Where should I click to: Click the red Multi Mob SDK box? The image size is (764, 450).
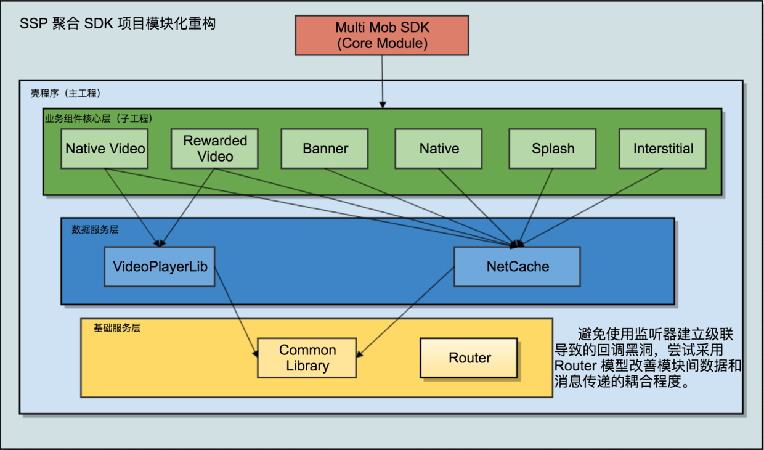[x=382, y=36]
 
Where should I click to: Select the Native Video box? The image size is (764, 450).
[x=105, y=149]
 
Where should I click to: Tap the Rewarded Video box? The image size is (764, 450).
[x=215, y=149]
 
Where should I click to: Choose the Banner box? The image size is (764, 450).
[x=325, y=149]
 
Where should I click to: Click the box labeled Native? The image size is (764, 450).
[x=439, y=149]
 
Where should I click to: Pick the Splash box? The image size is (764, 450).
[x=553, y=149]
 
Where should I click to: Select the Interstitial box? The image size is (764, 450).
[x=663, y=149]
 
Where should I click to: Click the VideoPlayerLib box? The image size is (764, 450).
[x=160, y=267]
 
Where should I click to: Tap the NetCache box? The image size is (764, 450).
[x=517, y=267]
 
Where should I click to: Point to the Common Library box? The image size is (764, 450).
[x=307, y=358]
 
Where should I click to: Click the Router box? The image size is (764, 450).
[x=469, y=358]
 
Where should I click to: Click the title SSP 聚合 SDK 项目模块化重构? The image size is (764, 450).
[x=118, y=24]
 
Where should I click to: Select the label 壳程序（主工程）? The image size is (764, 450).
[x=65, y=94]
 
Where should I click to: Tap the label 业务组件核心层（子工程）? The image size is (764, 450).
[x=98, y=118]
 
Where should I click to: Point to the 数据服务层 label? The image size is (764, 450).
[x=95, y=229]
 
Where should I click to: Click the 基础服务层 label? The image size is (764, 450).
[x=116, y=328]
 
